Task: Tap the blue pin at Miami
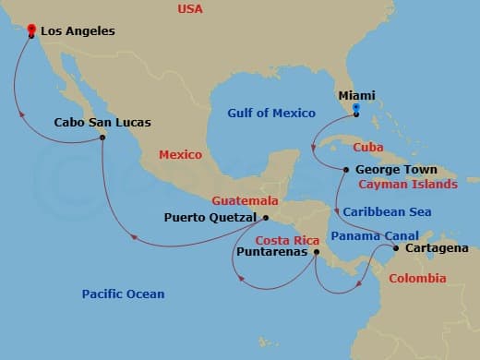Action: click(x=355, y=115)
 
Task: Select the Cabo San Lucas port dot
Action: click(x=102, y=138)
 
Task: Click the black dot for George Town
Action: click(x=345, y=170)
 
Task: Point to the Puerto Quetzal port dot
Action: click(x=265, y=219)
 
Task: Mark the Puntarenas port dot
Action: click(x=316, y=251)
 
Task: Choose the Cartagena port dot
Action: click(x=396, y=247)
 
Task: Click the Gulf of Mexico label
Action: click(x=271, y=114)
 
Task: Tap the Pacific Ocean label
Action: click(x=123, y=294)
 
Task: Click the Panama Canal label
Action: click(x=375, y=235)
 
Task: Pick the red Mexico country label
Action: click(x=180, y=155)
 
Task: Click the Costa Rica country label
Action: click(x=280, y=239)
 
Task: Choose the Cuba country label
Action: click(x=367, y=147)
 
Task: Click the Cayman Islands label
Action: click(x=408, y=185)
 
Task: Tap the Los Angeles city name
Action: click(x=78, y=31)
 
